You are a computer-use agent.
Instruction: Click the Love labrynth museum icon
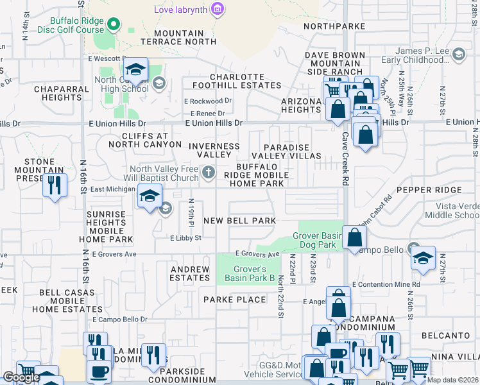[x=218, y=10]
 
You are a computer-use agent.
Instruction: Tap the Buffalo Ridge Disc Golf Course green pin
[x=114, y=25]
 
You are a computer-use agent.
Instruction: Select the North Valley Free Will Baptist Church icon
[x=209, y=172]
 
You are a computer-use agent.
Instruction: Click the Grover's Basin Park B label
[x=250, y=273]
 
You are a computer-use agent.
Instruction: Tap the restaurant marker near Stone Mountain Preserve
[x=55, y=185]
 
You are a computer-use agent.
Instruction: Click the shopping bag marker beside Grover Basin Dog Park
[x=354, y=237]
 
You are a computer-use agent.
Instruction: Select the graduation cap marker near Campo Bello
[x=423, y=258]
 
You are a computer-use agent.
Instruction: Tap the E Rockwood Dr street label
[x=207, y=101]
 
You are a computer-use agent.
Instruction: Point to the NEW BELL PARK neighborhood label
[x=239, y=221]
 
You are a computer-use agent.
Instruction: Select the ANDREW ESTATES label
[x=190, y=273]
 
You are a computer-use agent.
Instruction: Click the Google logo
[x=21, y=377]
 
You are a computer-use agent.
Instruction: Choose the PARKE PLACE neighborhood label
[x=234, y=300]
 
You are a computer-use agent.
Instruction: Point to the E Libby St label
[x=186, y=238]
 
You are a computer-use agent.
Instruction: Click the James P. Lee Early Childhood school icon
[x=459, y=55]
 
